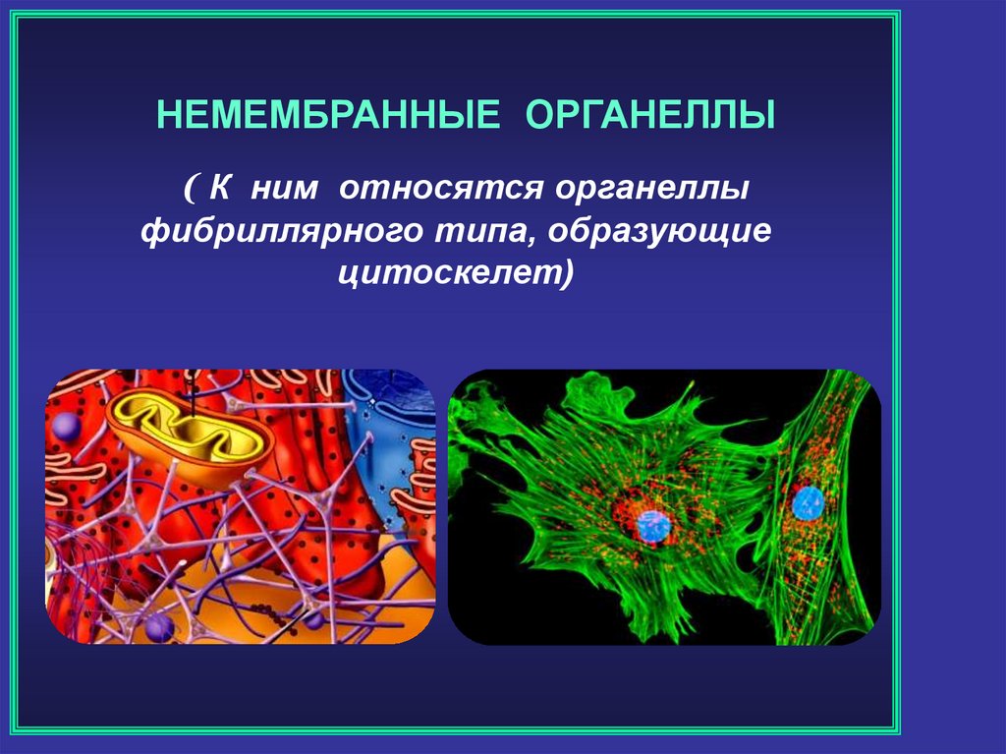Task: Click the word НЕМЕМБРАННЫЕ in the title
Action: click(328, 116)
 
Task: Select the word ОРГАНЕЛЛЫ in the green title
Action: click(650, 116)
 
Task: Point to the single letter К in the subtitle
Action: click(219, 188)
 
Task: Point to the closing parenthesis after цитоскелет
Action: click(565, 274)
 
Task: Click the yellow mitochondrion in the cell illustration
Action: click(191, 436)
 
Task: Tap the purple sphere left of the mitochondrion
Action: click(66, 427)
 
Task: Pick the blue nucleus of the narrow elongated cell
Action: click(808, 503)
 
